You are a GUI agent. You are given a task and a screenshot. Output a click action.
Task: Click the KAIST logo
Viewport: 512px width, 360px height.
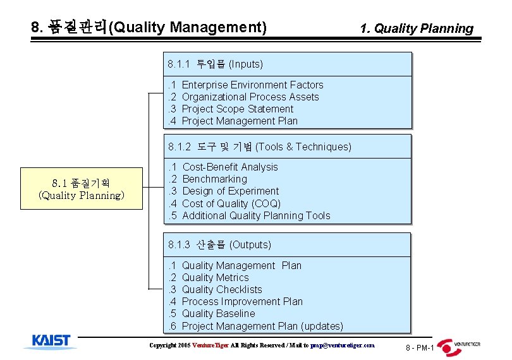tap(52, 341)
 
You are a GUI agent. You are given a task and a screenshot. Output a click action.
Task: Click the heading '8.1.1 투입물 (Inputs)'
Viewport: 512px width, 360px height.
tap(216, 64)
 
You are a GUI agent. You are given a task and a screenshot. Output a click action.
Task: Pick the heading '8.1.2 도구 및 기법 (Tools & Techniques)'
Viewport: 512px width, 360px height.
tap(260, 147)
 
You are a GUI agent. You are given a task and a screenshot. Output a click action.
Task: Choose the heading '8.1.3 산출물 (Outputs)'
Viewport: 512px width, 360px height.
tap(219, 245)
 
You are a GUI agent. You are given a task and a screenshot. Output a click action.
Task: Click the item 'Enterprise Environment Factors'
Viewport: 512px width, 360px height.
tap(252, 85)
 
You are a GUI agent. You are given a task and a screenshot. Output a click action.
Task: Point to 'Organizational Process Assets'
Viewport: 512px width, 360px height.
tap(250, 97)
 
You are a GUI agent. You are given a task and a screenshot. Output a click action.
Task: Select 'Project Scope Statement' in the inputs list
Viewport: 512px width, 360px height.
tap(238, 109)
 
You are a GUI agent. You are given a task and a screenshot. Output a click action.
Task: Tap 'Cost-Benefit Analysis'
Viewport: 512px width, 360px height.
tap(230, 167)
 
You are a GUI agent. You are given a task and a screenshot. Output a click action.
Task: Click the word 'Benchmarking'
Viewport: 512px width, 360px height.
tap(214, 179)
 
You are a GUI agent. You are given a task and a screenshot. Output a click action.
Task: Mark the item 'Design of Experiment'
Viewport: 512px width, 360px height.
tap(230, 191)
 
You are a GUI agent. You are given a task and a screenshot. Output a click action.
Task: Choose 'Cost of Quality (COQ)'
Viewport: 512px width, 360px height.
tap(231, 203)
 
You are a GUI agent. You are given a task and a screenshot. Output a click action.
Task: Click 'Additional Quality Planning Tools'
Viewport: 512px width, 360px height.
tap(256, 215)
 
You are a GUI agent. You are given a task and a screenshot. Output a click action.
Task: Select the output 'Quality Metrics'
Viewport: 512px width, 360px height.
tap(216, 278)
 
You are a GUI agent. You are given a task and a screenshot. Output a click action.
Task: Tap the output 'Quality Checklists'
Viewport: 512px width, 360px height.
tap(222, 290)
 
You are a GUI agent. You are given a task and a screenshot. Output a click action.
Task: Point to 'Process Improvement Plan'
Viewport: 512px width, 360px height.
tap(242, 302)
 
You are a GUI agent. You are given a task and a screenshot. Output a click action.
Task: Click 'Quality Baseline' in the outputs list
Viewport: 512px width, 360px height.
tap(219, 314)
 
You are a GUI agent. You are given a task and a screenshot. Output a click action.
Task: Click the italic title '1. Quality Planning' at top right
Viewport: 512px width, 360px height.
tap(416, 28)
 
